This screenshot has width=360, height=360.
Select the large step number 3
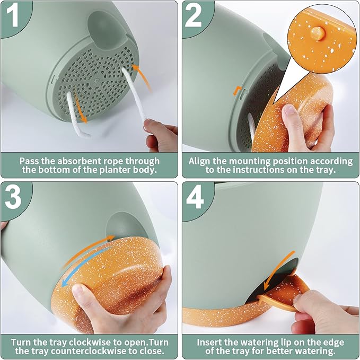[13, 197]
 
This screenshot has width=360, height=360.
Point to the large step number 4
[195, 197]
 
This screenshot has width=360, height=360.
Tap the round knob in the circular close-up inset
[317, 34]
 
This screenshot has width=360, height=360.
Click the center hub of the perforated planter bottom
[96, 80]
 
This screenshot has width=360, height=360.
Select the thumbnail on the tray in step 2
[289, 110]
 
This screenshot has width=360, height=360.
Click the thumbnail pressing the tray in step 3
[77, 289]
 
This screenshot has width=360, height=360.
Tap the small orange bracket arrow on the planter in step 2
[237, 90]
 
